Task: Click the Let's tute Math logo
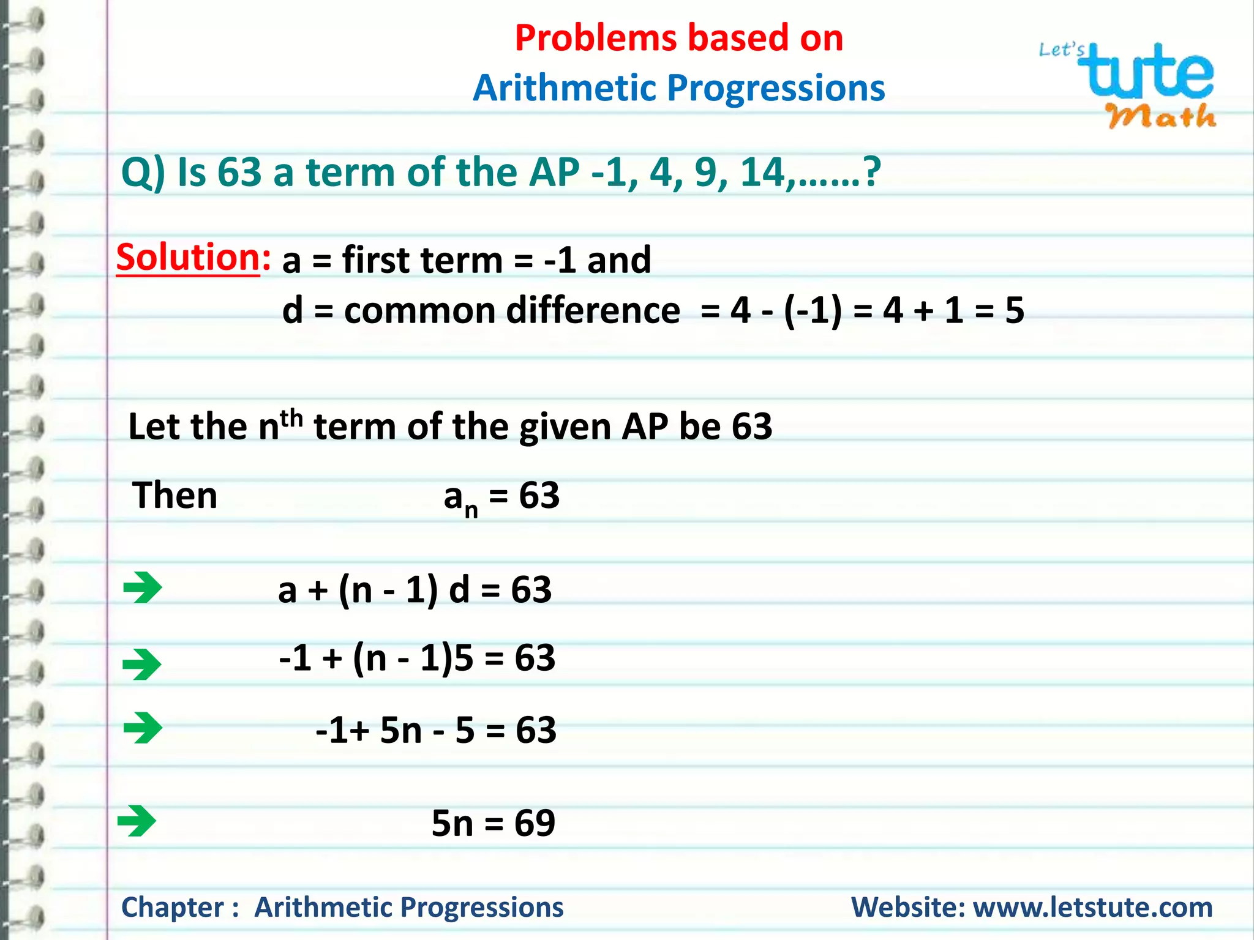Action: tap(1130, 84)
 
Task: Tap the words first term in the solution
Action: tap(422, 259)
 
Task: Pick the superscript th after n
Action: tap(291, 419)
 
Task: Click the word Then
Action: tap(175, 495)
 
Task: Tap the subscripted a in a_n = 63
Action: tap(453, 496)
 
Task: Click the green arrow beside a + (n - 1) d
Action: tap(142, 587)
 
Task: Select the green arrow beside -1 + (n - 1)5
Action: tap(141, 665)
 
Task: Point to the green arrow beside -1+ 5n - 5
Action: tap(143, 728)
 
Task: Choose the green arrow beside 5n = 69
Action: tap(137, 821)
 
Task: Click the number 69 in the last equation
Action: tap(535, 823)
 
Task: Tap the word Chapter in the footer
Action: tap(173, 907)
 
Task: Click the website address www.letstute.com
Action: tap(1093, 907)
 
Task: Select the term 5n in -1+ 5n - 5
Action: tap(401, 730)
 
